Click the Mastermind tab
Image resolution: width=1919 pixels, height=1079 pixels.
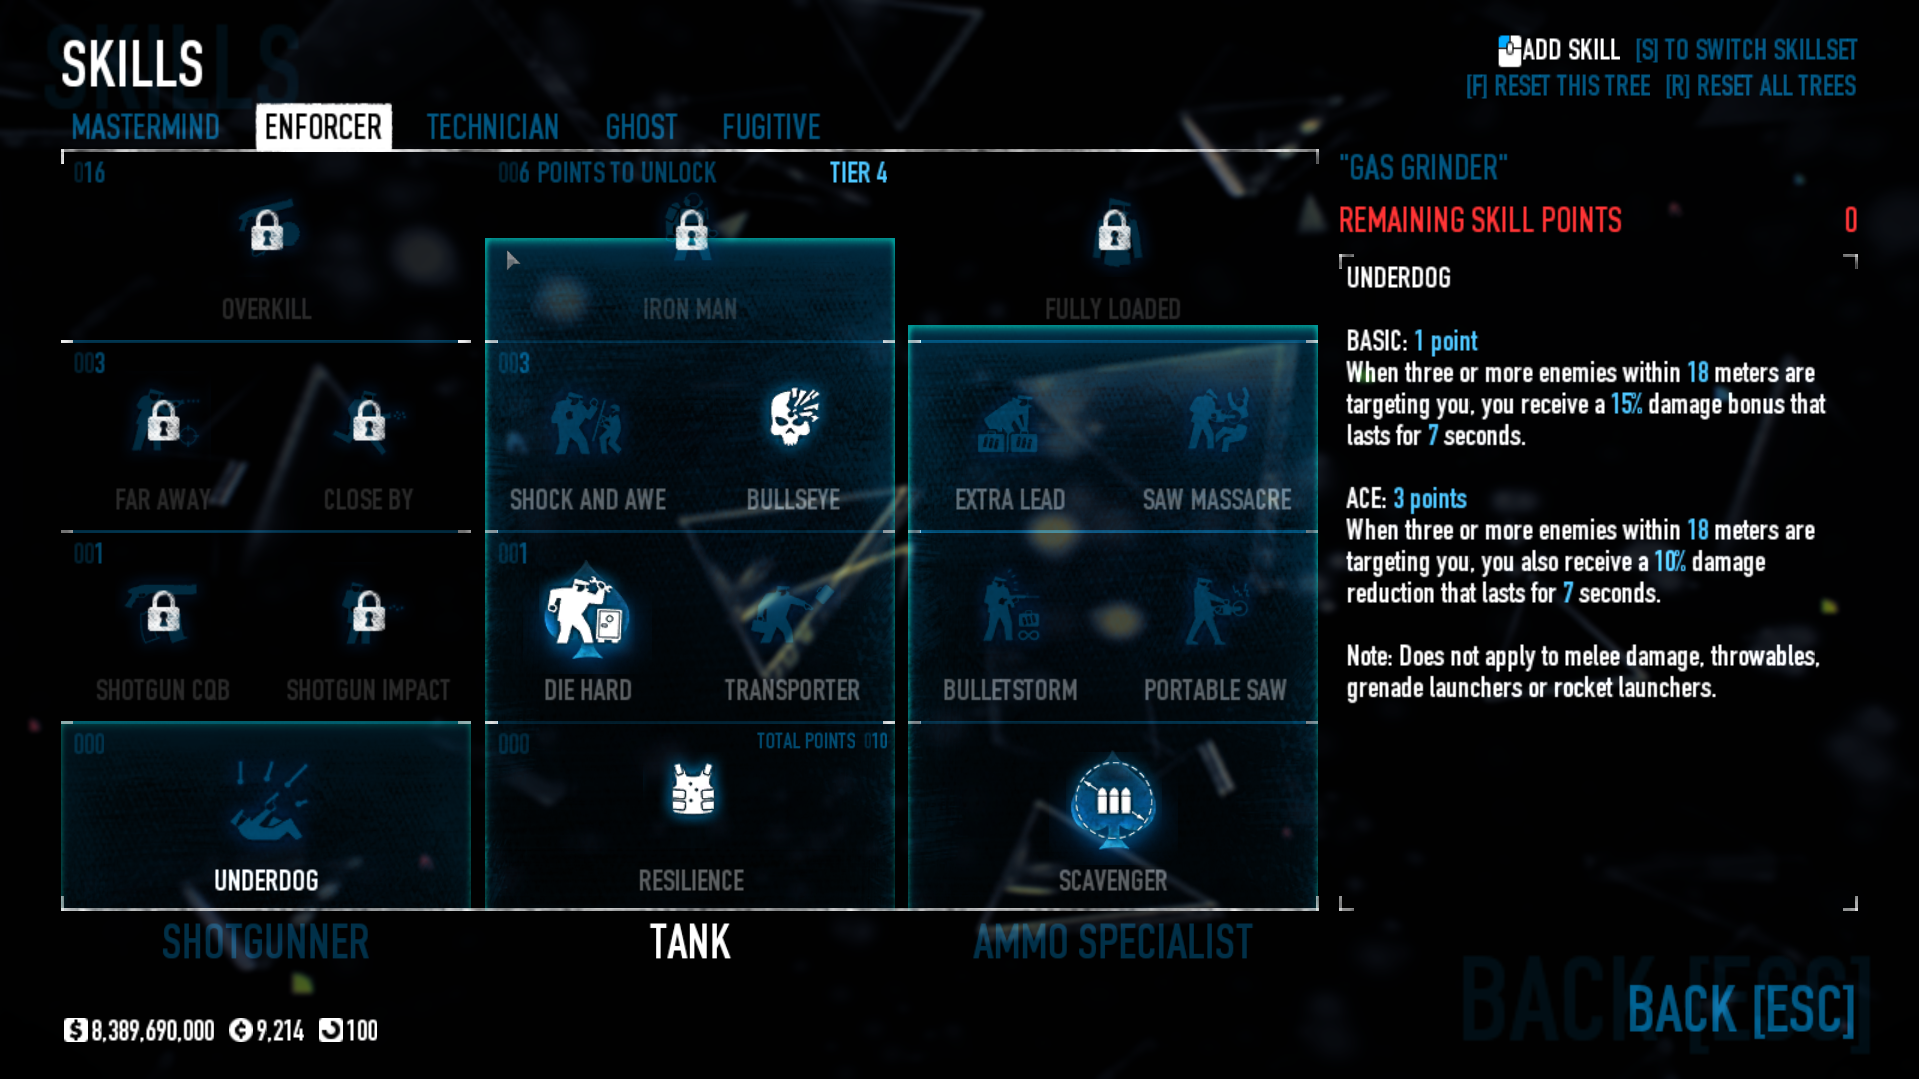point(145,127)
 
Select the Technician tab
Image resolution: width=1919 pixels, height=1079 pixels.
point(492,127)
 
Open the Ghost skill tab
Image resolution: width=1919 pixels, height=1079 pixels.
point(641,127)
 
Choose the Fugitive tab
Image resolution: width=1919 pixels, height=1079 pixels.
point(771,127)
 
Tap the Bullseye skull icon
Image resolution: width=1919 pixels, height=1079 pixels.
point(794,416)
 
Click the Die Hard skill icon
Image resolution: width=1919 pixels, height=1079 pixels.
point(586,614)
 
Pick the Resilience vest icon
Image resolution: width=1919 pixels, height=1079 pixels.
point(692,790)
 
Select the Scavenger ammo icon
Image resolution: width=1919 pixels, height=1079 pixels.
point(1113,802)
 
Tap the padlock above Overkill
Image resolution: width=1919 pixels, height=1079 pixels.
point(266,231)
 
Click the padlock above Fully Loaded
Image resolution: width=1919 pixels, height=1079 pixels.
point(1114,231)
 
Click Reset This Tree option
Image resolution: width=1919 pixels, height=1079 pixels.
point(1558,86)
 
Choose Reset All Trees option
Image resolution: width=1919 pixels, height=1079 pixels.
point(1760,86)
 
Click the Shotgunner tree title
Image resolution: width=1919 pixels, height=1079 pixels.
point(266,942)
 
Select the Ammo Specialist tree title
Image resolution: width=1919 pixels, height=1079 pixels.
point(1113,942)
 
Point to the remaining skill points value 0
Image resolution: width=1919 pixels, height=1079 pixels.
point(1850,220)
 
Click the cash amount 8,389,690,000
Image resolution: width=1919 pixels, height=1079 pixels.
point(152,1031)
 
